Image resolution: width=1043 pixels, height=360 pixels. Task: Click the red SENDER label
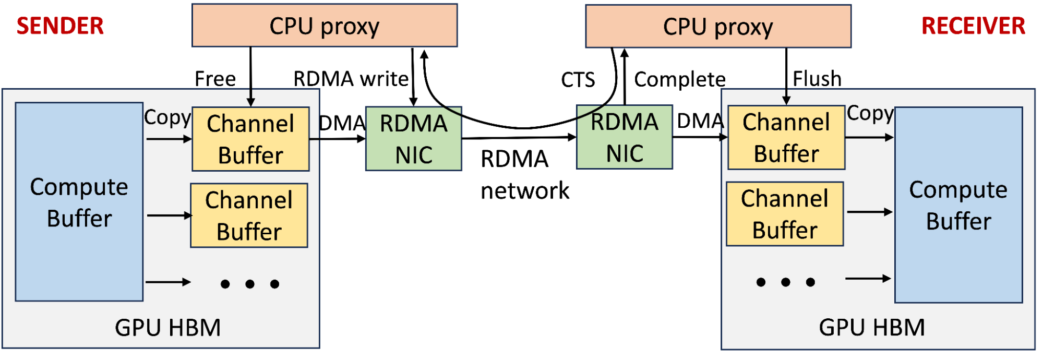point(60,26)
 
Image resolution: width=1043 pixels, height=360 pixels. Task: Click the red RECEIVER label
point(973,26)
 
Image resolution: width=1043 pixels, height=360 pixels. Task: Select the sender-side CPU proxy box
point(325,26)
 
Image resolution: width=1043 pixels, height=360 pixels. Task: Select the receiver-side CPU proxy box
point(718,27)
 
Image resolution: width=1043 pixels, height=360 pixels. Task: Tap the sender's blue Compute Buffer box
point(79,202)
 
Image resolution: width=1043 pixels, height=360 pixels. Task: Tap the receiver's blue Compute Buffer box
point(958,205)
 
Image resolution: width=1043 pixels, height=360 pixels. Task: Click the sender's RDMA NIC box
point(413,139)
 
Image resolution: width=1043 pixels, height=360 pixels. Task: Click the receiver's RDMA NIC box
point(624,137)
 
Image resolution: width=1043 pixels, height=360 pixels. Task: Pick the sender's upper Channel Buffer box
point(250,139)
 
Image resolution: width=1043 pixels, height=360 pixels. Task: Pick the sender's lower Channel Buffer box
point(249,215)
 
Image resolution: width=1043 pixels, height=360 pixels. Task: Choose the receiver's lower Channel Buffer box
point(785,214)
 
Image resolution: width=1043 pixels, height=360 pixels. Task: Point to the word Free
point(215,79)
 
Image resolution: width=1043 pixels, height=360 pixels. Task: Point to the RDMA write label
point(351,79)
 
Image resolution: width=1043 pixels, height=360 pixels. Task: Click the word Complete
point(679,80)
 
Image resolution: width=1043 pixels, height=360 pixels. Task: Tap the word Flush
point(817,79)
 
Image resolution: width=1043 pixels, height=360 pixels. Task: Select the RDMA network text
point(524,175)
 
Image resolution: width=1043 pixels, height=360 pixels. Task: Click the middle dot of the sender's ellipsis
point(250,284)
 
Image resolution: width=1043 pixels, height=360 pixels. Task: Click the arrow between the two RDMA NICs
point(519,138)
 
